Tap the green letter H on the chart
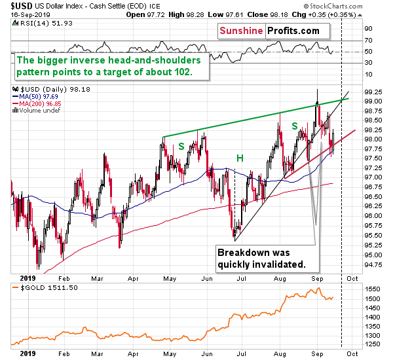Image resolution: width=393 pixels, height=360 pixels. point(240,158)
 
